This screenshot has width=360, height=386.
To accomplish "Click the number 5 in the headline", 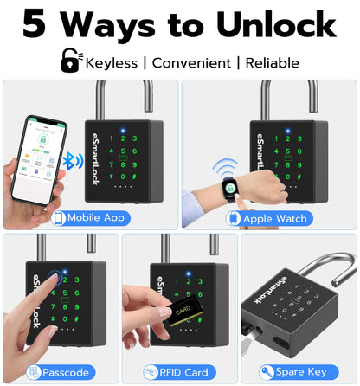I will tap(35, 24).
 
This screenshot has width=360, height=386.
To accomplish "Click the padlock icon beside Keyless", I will tap(68, 60).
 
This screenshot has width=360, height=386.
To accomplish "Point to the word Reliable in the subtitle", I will tap(272, 62).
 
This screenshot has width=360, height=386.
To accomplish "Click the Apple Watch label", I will tap(274, 218).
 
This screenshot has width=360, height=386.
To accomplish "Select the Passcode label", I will tap(65, 372).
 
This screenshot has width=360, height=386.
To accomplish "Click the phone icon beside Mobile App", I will tap(59, 218).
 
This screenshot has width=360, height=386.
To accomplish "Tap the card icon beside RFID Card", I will tap(151, 372).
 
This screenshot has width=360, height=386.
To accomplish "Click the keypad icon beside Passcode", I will tap(34, 372).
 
